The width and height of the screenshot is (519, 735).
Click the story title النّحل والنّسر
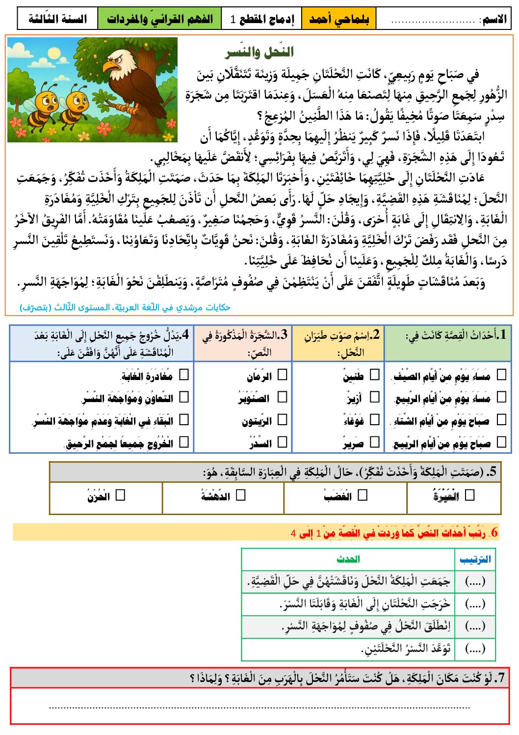pos(259,52)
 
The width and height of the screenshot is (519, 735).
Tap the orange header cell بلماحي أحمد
pos(339,19)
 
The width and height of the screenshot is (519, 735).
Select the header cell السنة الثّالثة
pos(57,19)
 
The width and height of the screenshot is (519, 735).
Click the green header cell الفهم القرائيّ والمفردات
pos(159,19)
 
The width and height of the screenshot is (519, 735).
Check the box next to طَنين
pos(375,375)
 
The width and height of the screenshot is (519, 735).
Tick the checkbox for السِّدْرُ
pos(282,442)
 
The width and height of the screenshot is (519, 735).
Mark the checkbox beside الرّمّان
pos(282,375)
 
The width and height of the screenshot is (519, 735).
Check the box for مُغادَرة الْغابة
pos(184,375)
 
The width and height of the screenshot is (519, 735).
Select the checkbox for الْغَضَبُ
pos(363,495)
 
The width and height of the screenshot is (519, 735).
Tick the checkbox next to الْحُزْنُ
pos(120,495)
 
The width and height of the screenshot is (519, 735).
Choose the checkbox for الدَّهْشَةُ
pos(240,495)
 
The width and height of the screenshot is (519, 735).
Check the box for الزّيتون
pos(282,420)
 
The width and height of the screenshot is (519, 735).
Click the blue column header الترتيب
pos(475,559)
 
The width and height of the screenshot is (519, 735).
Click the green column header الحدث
pos(348,559)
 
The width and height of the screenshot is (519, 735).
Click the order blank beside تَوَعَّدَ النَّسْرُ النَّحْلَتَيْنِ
pos(475,649)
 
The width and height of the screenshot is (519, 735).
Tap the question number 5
pos(492,472)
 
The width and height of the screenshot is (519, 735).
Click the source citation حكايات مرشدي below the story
pos(125,307)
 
